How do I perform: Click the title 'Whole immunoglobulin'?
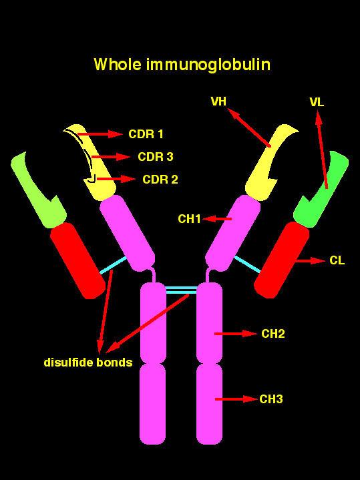[x=182, y=65]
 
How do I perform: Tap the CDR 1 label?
[x=146, y=134]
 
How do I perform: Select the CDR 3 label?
[x=156, y=157]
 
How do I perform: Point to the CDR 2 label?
[x=160, y=179]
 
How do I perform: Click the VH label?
[x=218, y=101]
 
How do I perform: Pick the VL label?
[x=317, y=102]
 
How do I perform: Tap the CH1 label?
[x=189, y=219]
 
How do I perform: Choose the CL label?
[x=337, y=260]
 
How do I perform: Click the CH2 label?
[x=273, y=334]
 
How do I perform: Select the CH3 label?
[x=271, y=399]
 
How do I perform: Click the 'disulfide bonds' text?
[x=88, y=362]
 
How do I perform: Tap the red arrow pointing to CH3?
[x=236, y=399]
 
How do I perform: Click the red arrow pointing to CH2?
[x=236, y=334]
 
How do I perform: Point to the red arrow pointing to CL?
[x=311, y=261]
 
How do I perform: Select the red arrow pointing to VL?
[x=322, y=150]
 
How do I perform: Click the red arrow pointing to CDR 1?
[x=100, y=134]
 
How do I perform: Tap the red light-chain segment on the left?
[x=78, y=260]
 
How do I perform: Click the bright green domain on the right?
[x=322, y=188]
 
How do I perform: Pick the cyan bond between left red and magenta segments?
[x=113, y=265]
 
